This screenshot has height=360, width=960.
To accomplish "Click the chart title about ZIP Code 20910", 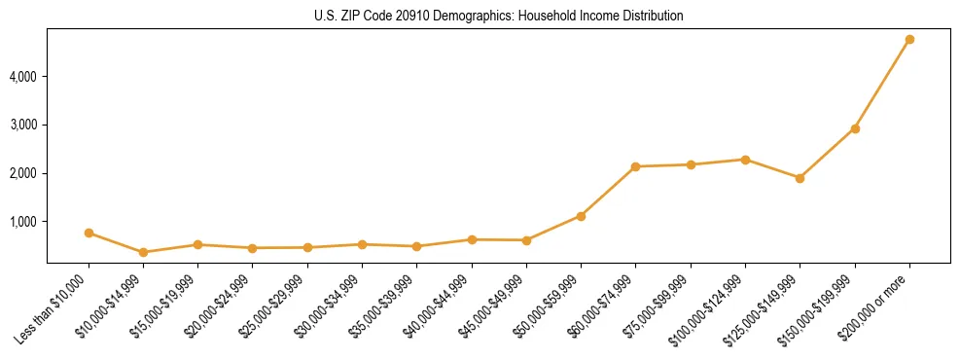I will point(498,17).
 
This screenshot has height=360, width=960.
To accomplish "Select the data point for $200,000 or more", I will point(909,40).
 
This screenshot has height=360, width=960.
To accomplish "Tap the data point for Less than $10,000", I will point(89,233).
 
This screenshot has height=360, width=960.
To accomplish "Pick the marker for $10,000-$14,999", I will point(144,252).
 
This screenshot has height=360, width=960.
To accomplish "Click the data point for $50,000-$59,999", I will point(581,216).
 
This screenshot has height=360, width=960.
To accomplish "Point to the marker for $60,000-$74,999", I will point(636,166).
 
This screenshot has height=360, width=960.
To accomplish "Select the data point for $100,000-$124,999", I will point(745,160).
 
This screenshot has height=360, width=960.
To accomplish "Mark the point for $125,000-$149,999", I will point(800,178).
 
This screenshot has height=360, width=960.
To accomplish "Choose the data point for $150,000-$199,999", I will point(855,128).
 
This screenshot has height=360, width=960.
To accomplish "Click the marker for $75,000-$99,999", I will point(691,164).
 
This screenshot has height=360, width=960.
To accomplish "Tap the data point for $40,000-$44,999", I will point(472,239).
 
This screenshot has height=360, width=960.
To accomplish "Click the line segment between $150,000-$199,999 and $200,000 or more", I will point(882,85).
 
